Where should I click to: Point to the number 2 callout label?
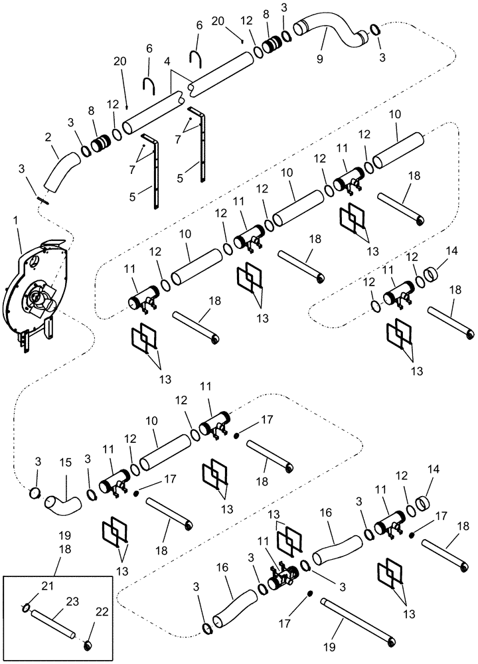pos(47,137)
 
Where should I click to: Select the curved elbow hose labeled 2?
pos(57,170)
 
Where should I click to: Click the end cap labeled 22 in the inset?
pos(86,645)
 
